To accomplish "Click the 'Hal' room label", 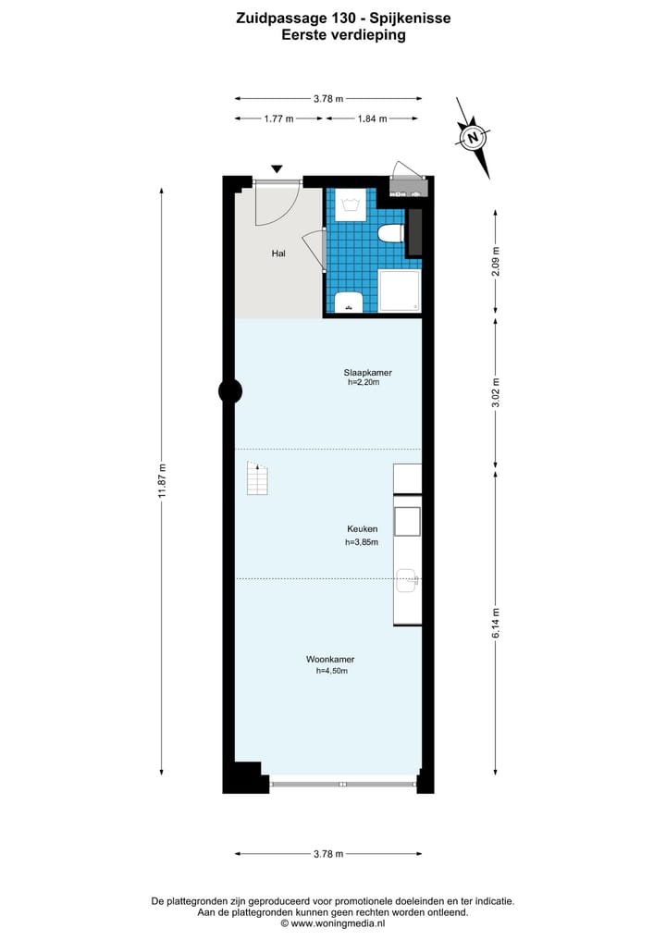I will (x=277, y=253).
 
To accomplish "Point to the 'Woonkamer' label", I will (x=331, y=660).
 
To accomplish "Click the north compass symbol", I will (x=473, y=139).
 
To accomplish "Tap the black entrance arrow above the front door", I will (x=276, y=168).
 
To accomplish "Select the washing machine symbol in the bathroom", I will (x=350, y=204).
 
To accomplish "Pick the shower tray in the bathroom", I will (x=399, y=291).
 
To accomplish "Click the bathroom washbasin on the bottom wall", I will (x=349, y=301).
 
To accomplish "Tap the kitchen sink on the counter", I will (x=407, y=581).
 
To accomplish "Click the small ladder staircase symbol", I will (x=256, y=479).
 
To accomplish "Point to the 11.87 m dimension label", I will (x=162, y=480).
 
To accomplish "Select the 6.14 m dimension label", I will (x=496, y=624).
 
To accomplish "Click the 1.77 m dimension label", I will (x=278, y=118).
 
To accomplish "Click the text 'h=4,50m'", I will (x=331, y=671).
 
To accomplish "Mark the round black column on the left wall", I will (x=230, y=391).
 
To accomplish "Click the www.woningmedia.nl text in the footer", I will (x=333, y=923).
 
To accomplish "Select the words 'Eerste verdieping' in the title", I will (x=343, y=36).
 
